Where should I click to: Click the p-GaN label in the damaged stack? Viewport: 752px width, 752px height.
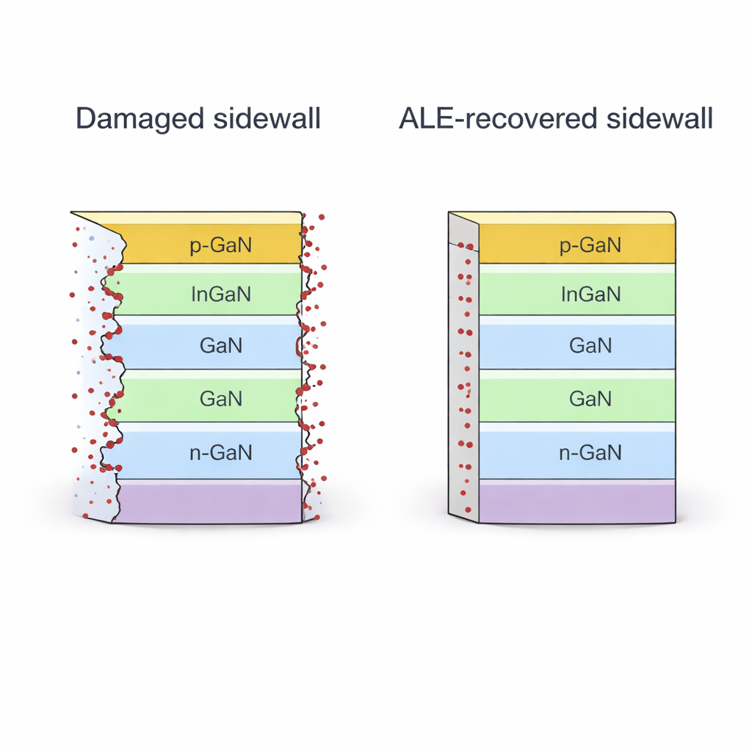(x=220, y=245)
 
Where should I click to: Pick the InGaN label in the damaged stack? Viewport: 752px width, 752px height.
(x=220, y=294)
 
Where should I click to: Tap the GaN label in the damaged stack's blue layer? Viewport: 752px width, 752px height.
(x=220, y=345)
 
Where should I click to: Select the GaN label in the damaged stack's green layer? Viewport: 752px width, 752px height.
(x=220, y=399)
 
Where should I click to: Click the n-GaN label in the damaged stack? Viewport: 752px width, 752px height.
(x=220, y=452)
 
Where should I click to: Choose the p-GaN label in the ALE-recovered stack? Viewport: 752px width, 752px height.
(x=590, y=245)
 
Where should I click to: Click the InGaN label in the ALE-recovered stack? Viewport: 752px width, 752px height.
(x=590, y=294)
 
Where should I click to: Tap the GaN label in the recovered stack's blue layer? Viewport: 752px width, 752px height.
(x=590, y=345)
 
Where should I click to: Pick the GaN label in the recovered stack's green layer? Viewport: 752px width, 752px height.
(x=590, y=399)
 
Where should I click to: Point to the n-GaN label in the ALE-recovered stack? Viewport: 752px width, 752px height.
(x=590, y=452)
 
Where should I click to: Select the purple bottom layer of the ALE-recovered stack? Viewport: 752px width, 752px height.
(x=576, y=503)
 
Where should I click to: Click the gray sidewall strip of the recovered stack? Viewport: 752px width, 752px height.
(x=463, y=367)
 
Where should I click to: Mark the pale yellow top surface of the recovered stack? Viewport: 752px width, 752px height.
(x=573, y=217)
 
